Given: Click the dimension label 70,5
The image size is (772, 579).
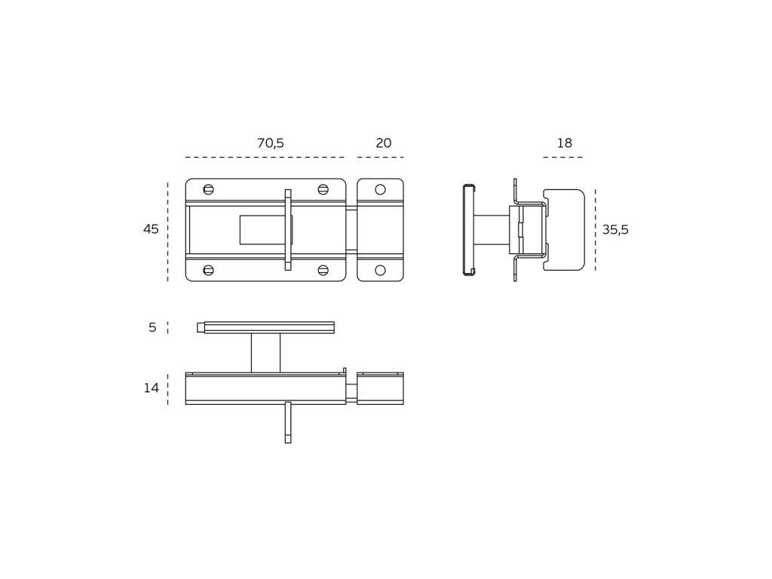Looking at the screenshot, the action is (270, 143).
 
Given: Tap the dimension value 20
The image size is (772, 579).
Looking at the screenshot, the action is (383, 143).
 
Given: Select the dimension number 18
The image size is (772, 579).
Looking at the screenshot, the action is (564, 143).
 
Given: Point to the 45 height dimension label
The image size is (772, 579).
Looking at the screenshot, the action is (151, 229).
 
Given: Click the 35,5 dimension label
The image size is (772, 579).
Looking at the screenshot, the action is (615, 230).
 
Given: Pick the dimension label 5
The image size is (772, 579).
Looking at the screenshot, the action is (152, 327).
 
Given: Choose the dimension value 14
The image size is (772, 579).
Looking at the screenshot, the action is (152, 388).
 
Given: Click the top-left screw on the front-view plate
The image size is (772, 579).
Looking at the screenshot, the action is (209, 189).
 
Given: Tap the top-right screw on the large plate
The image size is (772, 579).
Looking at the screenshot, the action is (323, 189).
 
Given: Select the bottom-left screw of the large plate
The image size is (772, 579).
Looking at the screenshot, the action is (209, 270).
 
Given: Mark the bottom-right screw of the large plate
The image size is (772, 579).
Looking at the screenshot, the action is (323, 270).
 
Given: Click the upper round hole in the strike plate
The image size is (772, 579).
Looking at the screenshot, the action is (380, 189).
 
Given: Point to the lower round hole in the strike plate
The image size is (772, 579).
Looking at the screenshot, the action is (380, 270).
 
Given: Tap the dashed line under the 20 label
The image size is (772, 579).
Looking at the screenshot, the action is (380, 158).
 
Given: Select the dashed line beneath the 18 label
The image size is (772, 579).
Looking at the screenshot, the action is (562, 158).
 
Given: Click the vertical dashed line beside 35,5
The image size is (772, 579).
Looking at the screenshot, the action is (595, 230).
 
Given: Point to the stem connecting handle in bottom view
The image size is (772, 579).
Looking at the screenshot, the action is (265, 353).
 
